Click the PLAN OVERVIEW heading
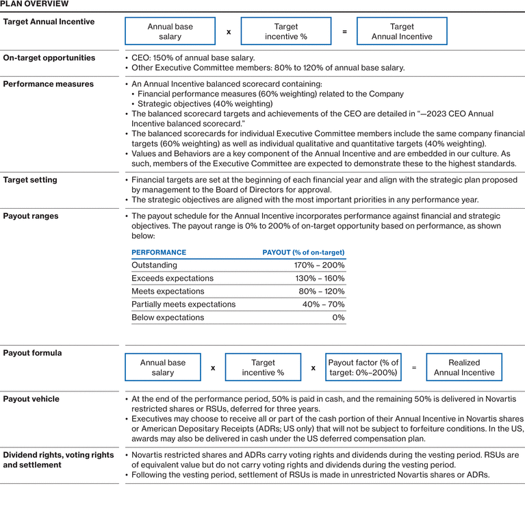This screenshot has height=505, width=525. tap(34, 4)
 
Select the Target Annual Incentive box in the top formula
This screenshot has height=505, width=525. tap(402, 31)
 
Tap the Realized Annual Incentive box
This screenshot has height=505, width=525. tap(463, 367)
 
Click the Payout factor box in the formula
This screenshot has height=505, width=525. tap(363, 367)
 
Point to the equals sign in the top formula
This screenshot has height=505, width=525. tap(344, 31)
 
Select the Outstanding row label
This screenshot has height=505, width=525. tap(154, 266)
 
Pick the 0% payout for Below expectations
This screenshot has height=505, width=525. tap(338, 318)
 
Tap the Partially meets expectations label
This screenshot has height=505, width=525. tap(183, 305)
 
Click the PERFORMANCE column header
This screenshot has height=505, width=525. tap(159, 252)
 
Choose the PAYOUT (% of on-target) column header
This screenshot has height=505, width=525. tap(303, 252)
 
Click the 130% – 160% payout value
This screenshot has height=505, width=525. tap(319, 279)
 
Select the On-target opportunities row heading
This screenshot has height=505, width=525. tap(49, 58)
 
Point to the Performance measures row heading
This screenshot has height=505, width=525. tap(49, 84)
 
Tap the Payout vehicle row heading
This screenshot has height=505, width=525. tap(31, 399)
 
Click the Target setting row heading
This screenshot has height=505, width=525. tap(30, 180)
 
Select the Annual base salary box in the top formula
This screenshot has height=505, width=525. tap(170, 31)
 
